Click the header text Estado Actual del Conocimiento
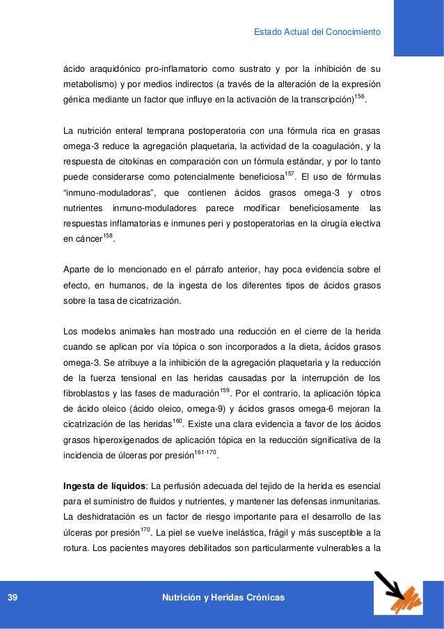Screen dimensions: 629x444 pyautogui.click(x=317, y=31)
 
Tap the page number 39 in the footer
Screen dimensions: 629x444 pyautogui.click(x=13, y=598)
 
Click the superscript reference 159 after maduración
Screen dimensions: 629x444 pyautogui.click(x=225, y=389)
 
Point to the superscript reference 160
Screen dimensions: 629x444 pyautogui.click(x=176, y=422)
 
